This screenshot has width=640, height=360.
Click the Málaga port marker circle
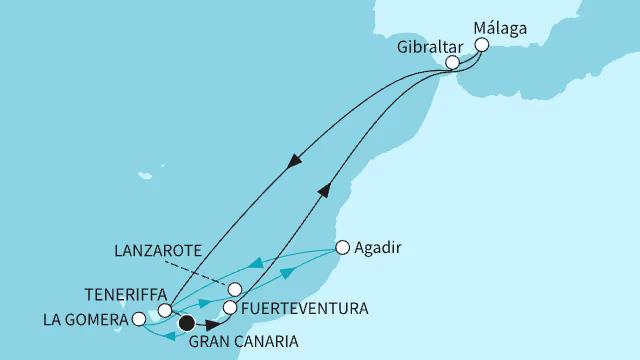click(482, 45)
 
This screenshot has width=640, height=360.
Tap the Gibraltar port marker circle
click(452, 62)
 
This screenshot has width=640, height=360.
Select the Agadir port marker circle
click(342, 246)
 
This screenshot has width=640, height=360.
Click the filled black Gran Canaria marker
click(186, 322)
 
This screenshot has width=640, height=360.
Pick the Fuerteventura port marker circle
click(229, 308)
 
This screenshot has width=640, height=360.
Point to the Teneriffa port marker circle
click(165, 311)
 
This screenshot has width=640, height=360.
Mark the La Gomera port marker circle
click(138, 320)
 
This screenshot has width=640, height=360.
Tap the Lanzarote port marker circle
click(233, 290)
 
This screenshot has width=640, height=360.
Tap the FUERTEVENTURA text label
click(303, 308)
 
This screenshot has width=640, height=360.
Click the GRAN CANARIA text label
click(243, 342)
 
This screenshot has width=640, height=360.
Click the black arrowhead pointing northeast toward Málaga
click(330, 190)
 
